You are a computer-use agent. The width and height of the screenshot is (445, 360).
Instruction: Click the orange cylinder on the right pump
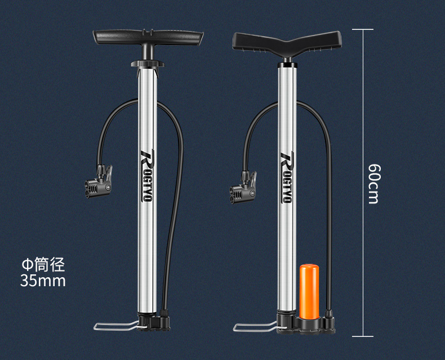[x=309, y=291]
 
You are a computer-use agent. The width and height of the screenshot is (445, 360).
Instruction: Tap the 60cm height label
[x=374, y=184]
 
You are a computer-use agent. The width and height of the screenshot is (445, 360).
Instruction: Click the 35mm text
[x=43, y=280]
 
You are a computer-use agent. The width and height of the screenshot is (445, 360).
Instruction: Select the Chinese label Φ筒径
[x=43, y=265]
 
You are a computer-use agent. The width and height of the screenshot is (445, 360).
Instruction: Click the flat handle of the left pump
[x=148, y=37]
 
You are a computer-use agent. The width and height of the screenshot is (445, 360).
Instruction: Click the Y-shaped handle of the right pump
[x=287, y=43]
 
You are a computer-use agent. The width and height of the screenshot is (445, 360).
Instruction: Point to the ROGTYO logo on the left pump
[x=146, y=176]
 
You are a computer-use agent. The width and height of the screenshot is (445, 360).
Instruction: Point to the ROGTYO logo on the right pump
[x=286, y=177]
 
